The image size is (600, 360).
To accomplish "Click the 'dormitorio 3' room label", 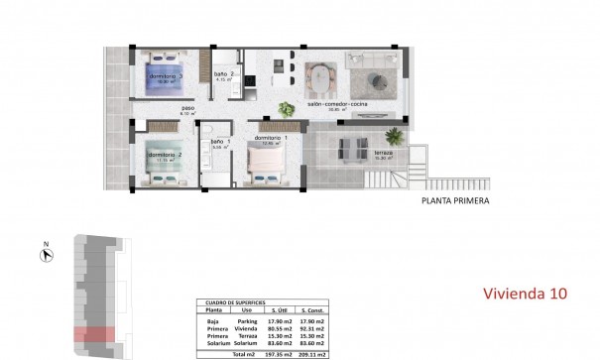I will click(x=165, y=75).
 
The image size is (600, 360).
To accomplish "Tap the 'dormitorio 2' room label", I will click(x=165, y=155).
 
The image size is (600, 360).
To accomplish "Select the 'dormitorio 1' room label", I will click(x=270, y=137).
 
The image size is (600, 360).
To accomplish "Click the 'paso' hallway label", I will click(x=186, y=110).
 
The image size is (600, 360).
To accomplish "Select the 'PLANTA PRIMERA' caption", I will click(x=445, y=200).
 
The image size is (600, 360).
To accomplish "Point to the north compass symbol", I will click(x=46, y=256).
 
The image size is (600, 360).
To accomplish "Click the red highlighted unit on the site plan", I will click(x=96, y=334).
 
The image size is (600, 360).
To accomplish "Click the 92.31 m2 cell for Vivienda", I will click(x=314, y=327).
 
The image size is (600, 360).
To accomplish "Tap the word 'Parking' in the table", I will click(x=248, y=319).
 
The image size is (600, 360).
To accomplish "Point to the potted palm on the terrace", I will click(x=395, y=132).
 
